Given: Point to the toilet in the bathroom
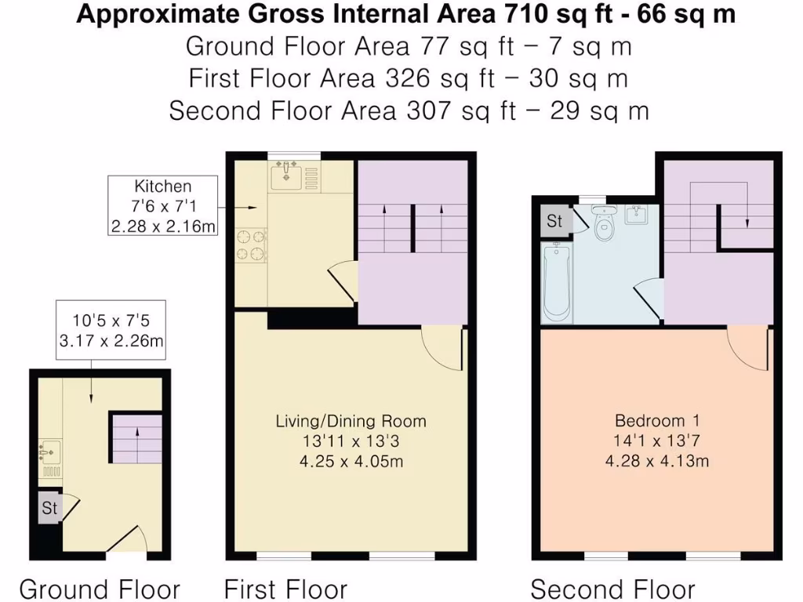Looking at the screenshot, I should click(604, 226).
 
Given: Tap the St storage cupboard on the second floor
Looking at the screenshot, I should click(554, 221).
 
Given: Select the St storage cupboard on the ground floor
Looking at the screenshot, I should click(49, 508).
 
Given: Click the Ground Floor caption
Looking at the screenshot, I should click(100, 589).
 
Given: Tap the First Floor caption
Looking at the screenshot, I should click(285, 589).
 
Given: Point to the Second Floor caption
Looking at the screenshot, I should click(612, 589).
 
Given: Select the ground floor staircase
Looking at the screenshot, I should click(137, 438).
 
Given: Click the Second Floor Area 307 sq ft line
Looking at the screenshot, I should click(409, 111).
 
